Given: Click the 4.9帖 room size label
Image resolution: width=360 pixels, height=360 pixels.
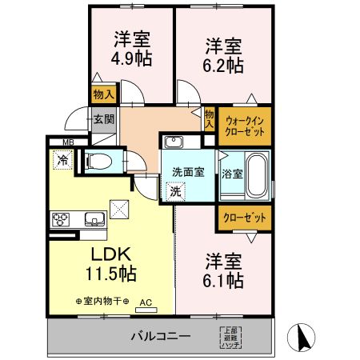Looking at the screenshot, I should pos(132,59).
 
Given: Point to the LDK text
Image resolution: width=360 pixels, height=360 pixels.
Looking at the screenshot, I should pos(111,255).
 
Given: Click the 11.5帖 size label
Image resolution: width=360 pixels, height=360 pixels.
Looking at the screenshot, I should pos(111,274).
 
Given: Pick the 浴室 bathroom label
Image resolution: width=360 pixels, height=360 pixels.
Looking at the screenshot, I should pos(232,173).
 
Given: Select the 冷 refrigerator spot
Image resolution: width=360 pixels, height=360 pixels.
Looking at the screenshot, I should pos(62,160).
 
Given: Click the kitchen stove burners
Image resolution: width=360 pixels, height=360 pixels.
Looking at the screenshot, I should pos(61,218).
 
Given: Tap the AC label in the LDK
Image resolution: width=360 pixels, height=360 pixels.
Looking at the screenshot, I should pos(146,302).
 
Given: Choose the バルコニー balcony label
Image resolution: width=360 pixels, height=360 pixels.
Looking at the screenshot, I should pos(160,336).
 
